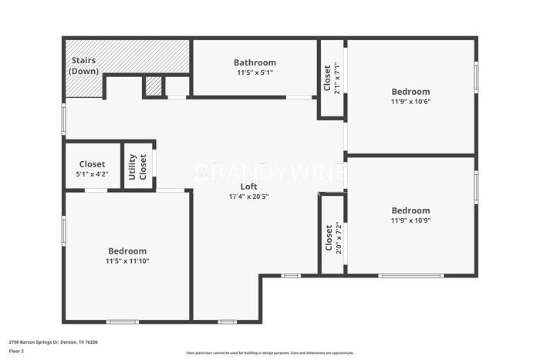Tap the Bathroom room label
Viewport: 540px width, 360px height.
(x=255, y=62)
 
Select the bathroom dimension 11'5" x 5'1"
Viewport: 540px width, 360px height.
(x=255, y=72)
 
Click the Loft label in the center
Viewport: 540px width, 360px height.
(x=248, y=187)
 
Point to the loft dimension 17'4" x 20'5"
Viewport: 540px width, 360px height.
(x=248, y=197)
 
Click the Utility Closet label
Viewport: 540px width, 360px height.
(x=137, y=167)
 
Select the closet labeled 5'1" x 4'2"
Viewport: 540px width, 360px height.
(x=93, y=174)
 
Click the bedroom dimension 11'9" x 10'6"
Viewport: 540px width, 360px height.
(x=410, y=102)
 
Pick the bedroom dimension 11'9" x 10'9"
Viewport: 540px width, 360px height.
(x=410, y=220)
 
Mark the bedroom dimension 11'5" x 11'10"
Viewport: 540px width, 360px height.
(x=127, y=261)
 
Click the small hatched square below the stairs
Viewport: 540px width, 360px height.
(x=154, y=86)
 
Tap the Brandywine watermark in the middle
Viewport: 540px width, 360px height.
(x=270, y=171)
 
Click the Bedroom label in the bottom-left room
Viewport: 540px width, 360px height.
(x=127, y=251)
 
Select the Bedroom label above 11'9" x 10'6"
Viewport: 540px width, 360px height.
(x=410, y=92)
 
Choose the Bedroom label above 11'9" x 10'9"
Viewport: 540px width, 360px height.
(x=410, y=210)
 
